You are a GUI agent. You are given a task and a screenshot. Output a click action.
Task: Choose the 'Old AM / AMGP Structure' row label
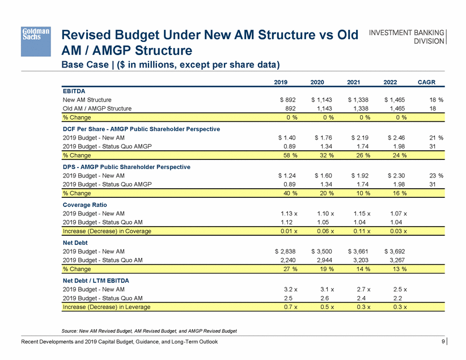tap(97, 108)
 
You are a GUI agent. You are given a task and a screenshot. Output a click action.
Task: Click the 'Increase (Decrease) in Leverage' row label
tap(107, 307)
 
